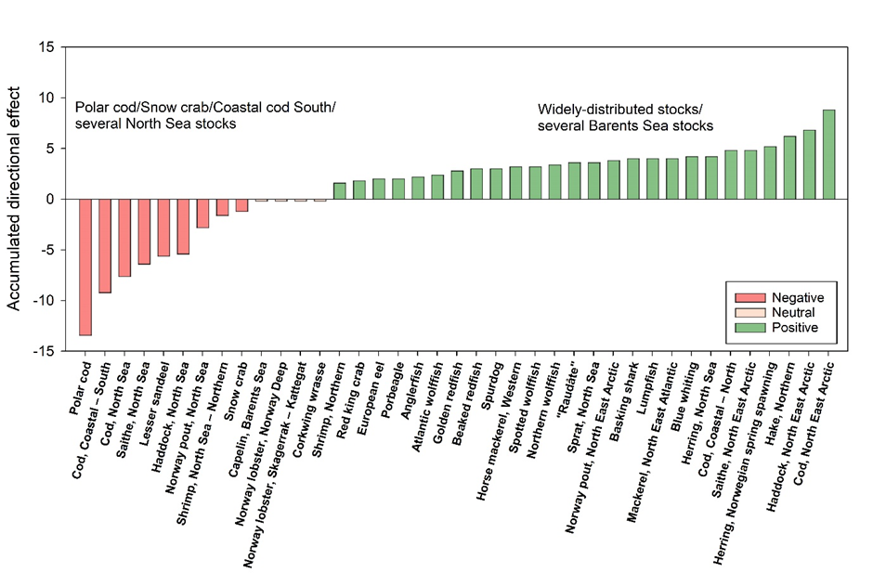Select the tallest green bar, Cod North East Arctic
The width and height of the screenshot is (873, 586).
pos(828,154)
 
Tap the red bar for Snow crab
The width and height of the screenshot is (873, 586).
pos(241,205)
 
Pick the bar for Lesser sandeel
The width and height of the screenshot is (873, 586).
pos(163,228)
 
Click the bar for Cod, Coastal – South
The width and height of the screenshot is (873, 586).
pos(105,245)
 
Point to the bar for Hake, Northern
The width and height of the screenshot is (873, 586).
pos(789,167)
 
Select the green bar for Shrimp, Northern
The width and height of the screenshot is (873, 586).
pos(339,190)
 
